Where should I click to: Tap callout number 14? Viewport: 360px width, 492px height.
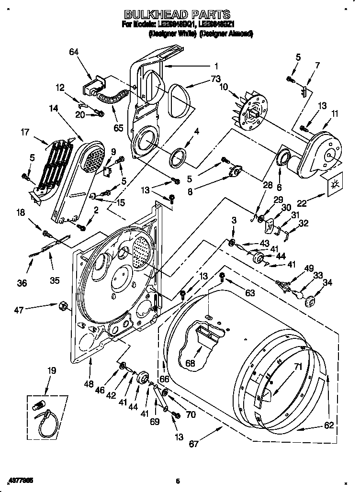tap(53, 109)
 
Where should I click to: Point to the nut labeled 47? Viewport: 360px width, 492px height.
tap(62, 305)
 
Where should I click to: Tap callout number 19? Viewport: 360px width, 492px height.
tap(51, 370)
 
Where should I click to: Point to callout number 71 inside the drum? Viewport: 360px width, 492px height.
tap(298, 368)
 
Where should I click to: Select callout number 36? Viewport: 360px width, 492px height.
tap(22, 283)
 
